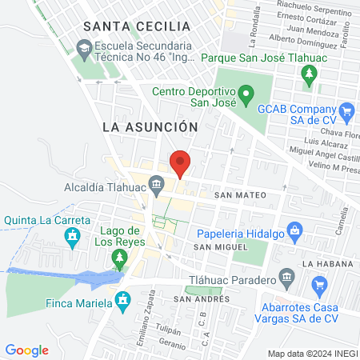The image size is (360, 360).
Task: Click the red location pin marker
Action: point(181,162)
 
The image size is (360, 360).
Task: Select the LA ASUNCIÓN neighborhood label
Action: point(150,126)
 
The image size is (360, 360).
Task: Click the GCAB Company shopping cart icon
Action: point(346,110)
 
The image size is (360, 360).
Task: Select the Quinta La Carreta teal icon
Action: point(73,235)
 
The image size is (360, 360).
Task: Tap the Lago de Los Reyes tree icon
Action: point(119,256)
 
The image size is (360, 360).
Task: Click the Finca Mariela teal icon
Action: point(122,300)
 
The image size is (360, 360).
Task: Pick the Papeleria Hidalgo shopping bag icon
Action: point(295,233)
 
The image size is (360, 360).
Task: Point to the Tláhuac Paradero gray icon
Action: point(286,279)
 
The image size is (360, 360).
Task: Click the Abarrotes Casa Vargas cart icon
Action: point(320,283)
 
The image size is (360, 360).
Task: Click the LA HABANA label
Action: point(327,263)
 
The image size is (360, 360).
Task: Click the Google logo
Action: point(26,350)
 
